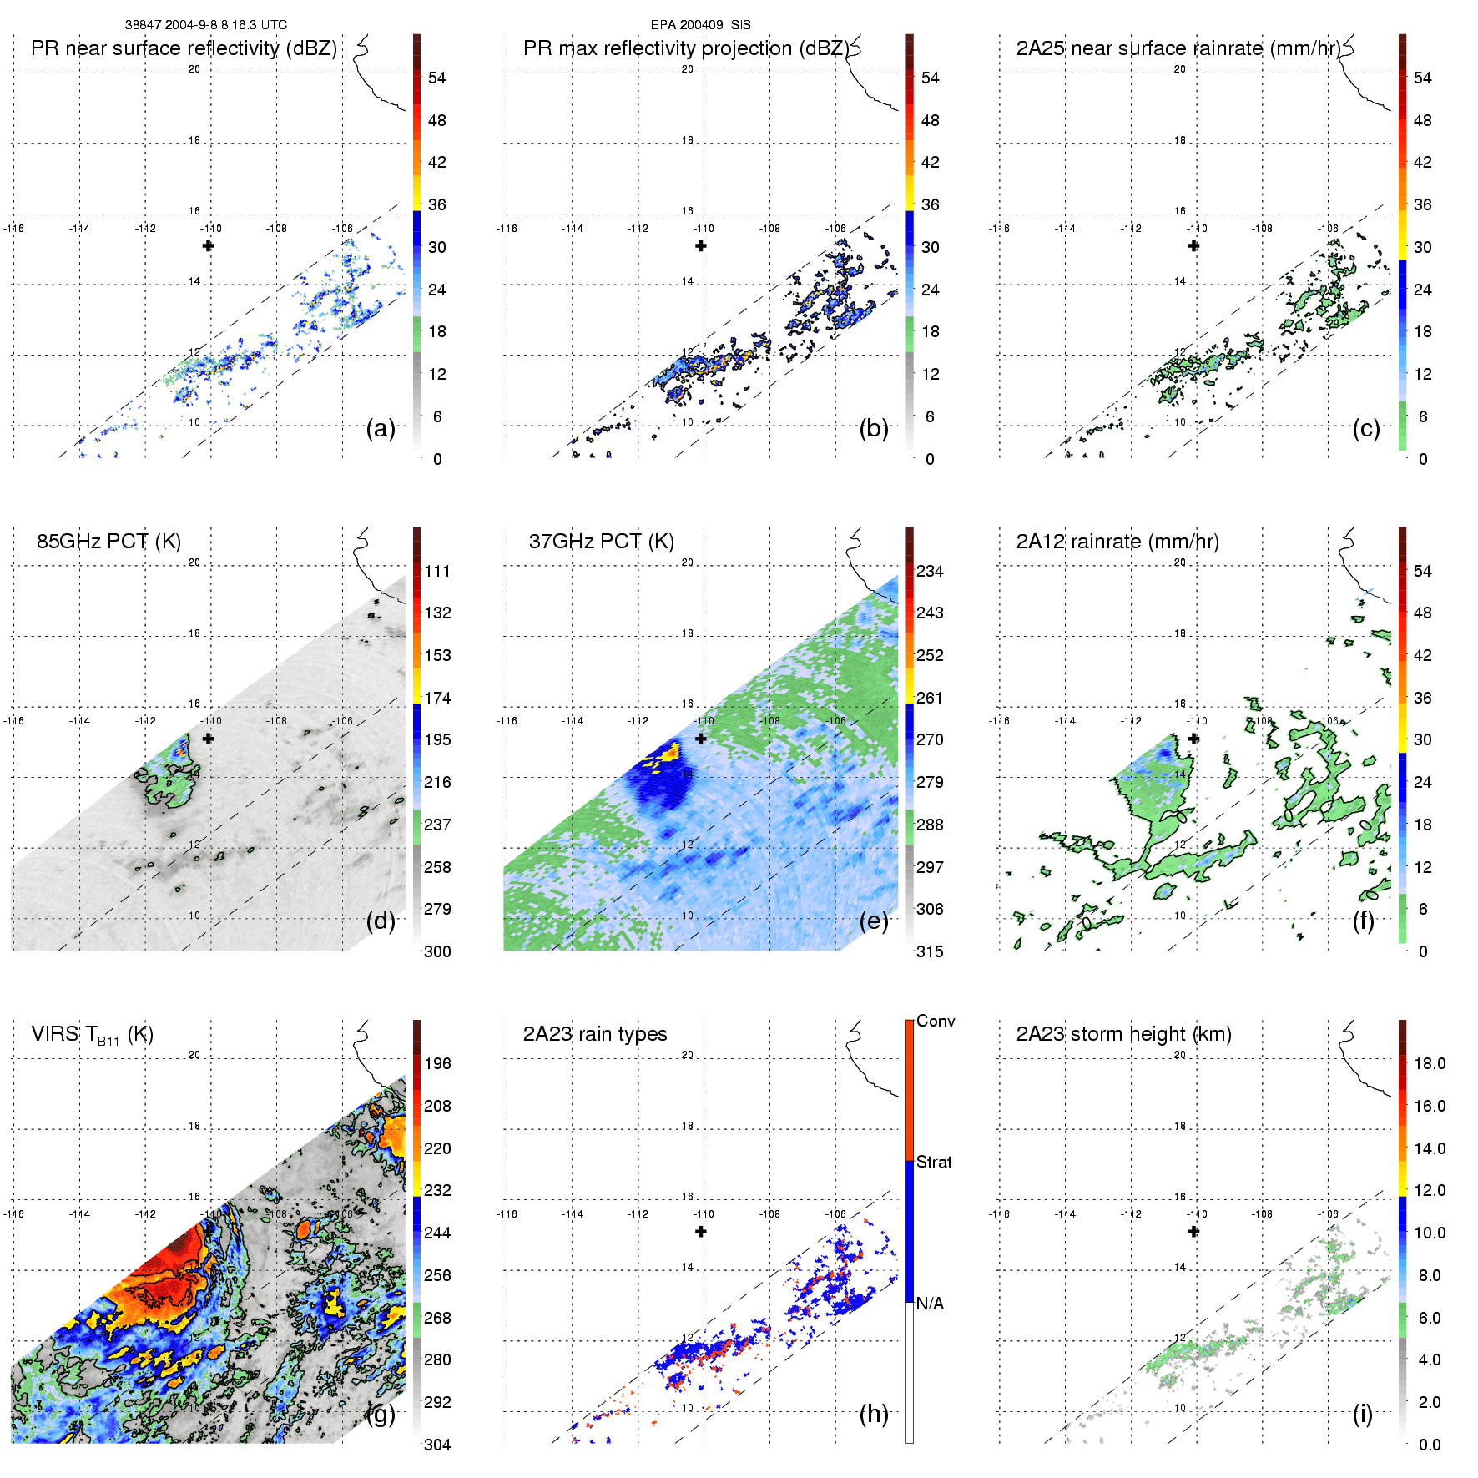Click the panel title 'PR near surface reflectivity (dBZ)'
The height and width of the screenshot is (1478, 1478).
[x=184, y=48]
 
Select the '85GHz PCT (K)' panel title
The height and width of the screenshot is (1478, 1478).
[x=108, y=542]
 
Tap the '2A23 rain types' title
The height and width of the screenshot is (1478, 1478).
[x=595, y=1034]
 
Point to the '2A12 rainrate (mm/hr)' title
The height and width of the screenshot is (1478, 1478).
[x=1117, y=542]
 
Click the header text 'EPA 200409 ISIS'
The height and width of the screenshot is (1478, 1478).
[x=700, y=25]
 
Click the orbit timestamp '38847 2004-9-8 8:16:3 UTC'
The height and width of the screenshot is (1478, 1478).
[x=205, y=25]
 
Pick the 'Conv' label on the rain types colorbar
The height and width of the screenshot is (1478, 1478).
[x=936, y=1021]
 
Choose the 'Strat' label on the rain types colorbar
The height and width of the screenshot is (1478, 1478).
[x=934, y=1163]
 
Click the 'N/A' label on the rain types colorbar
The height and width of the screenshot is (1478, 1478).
[x=930, y=1304]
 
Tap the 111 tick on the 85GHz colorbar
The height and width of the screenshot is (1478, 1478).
[x=437, y=572]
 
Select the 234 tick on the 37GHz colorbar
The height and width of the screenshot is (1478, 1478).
[x=930, y=572]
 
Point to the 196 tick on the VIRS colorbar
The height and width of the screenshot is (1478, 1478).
[x=437, y=1064]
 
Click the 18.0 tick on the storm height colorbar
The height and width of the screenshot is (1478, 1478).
[x=1430, y=1064]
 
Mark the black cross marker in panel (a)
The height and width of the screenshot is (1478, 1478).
[x=208, y=245]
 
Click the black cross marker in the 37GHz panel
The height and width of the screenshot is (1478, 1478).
[x=701, y=739]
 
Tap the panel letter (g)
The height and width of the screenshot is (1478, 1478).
[x=381, y=1414]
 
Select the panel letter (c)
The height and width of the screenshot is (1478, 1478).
[x=1366, y=429]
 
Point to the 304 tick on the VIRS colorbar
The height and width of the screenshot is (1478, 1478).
[x=437, y=1445]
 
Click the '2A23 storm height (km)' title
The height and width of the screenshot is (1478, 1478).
[x=1123, y=1034]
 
